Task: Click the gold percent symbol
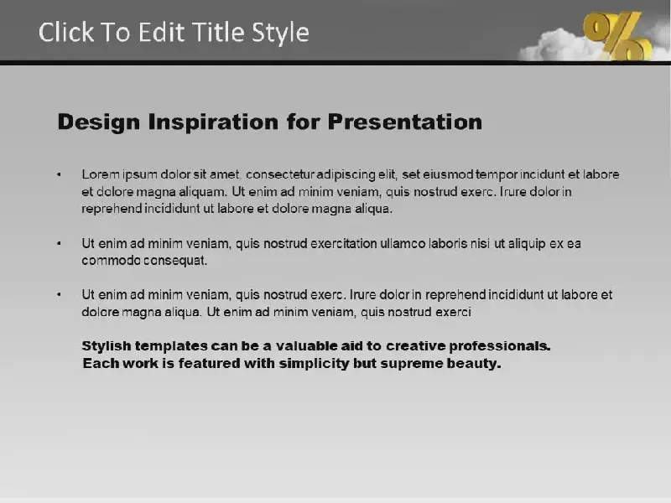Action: click(x=617, y=36)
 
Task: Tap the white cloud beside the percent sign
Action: click(x=556, y=45)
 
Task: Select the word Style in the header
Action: click(x=280, y=33)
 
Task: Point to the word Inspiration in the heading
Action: click(x=213, y=122)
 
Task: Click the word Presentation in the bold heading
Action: click(x=405, y=122)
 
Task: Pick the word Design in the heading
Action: click(x=99, y=122)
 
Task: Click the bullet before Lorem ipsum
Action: click(x=59, y=174)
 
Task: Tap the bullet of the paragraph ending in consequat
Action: click(x=59, y=243)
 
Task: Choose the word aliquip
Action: click(x=527, y=244)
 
